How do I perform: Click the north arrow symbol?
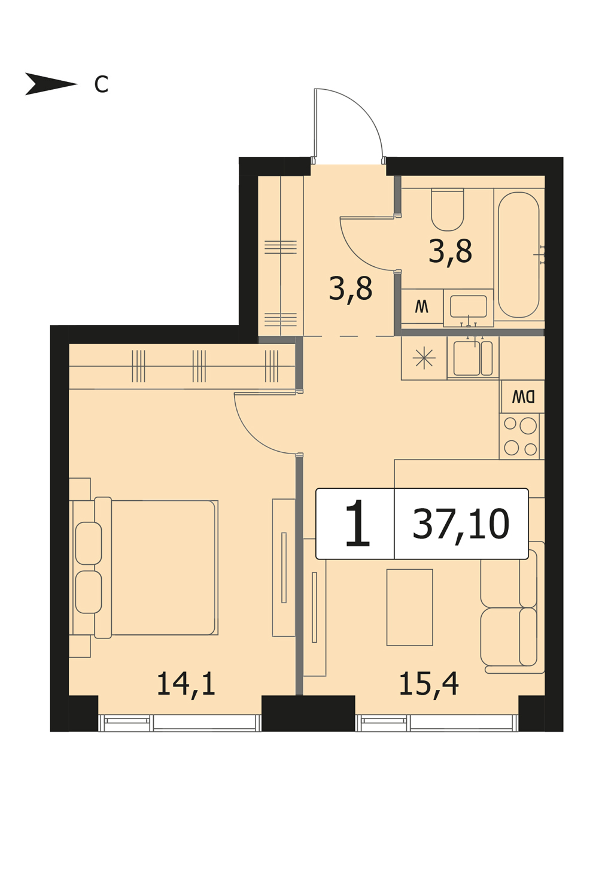(51, 84)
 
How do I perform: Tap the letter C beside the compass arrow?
(101, 84)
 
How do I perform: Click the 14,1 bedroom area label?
(186, 685)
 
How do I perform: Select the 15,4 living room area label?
(429, 685)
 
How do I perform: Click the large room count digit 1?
(357, 523)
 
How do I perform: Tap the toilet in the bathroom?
(448, 209)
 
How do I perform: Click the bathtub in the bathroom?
(518, 254)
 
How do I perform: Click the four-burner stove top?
(520, 436)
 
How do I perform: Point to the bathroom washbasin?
(469, 306)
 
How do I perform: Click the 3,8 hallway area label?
(351, 288)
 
